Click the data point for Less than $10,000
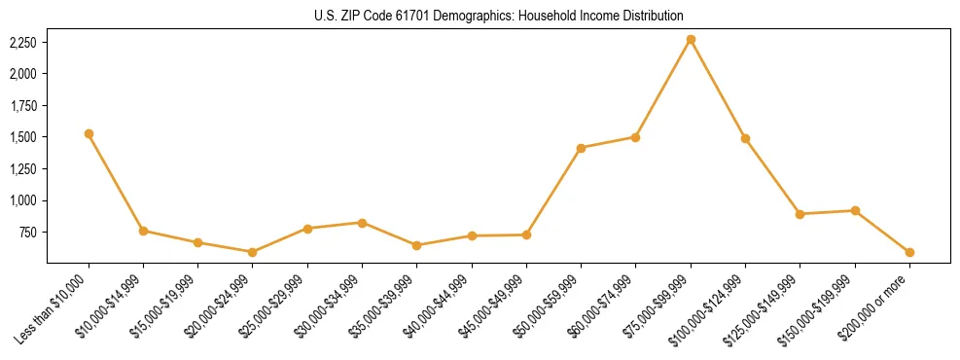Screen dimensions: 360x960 (x=89, y=133)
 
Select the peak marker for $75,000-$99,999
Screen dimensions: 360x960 (x=691, y=40)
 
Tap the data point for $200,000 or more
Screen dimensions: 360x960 (x=909, y=252)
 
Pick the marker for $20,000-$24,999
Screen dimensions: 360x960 (x=253, y=252)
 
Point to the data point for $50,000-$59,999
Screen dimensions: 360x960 (x=581, y=148)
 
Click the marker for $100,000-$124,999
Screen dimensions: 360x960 (x=745, y=138)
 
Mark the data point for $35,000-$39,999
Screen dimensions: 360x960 (x=417, y=245)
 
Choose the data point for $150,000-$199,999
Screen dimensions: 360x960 (x=855, y=210)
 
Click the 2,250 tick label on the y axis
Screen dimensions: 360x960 (x=23, y=43)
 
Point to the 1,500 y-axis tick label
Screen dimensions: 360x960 (x=23, y=137)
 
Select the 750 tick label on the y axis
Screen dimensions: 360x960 (x=28, y=233)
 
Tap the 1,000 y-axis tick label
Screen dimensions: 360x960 (x=23, y=200)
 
